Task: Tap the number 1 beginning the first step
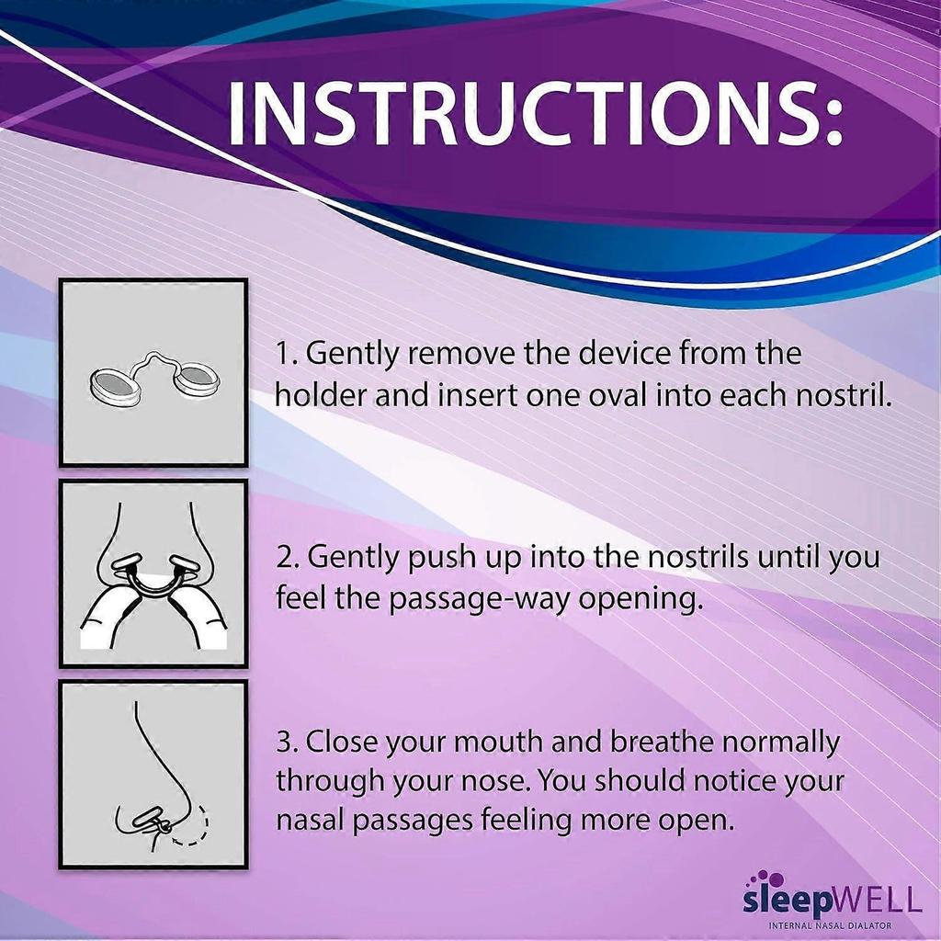[x=285, y=353]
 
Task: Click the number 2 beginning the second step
[x=285, y=557]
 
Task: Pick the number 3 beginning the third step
[x=285, y=741]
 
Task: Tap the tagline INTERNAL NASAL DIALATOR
[x=831, y=924]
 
